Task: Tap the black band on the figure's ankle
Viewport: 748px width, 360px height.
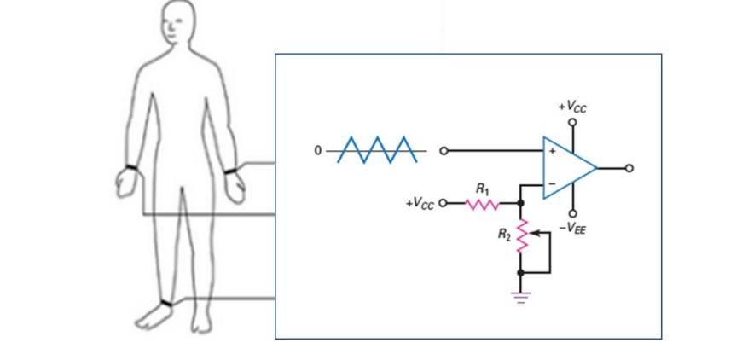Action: click(x=165, y=303)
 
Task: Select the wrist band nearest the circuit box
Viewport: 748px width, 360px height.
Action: click(x=230, y=171)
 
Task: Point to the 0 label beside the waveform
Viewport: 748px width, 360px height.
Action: click(x=318, y=151)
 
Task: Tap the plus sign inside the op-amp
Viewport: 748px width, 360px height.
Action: click(x=552, y=152)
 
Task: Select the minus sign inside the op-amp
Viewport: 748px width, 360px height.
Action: click(x=552, y=183)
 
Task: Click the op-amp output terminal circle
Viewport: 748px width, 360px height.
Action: click(x=629, y=167)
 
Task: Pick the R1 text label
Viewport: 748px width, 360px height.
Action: click(x=482, y=188)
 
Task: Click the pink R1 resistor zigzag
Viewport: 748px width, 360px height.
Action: click(x=482, y=204)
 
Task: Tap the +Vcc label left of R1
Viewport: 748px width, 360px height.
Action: click(x=420, y=204)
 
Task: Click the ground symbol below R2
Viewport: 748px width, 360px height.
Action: click(x=521, y=297)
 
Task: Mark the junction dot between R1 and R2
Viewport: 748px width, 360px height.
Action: click(x=521, y=204)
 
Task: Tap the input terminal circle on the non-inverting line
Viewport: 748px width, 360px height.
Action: click(x=443, y=151)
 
